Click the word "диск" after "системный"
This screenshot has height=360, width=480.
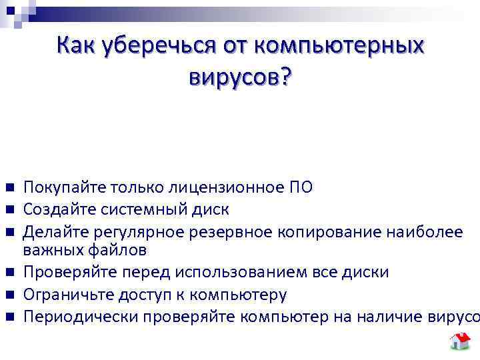(211, 209)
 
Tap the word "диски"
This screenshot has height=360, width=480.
(370, 273)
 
